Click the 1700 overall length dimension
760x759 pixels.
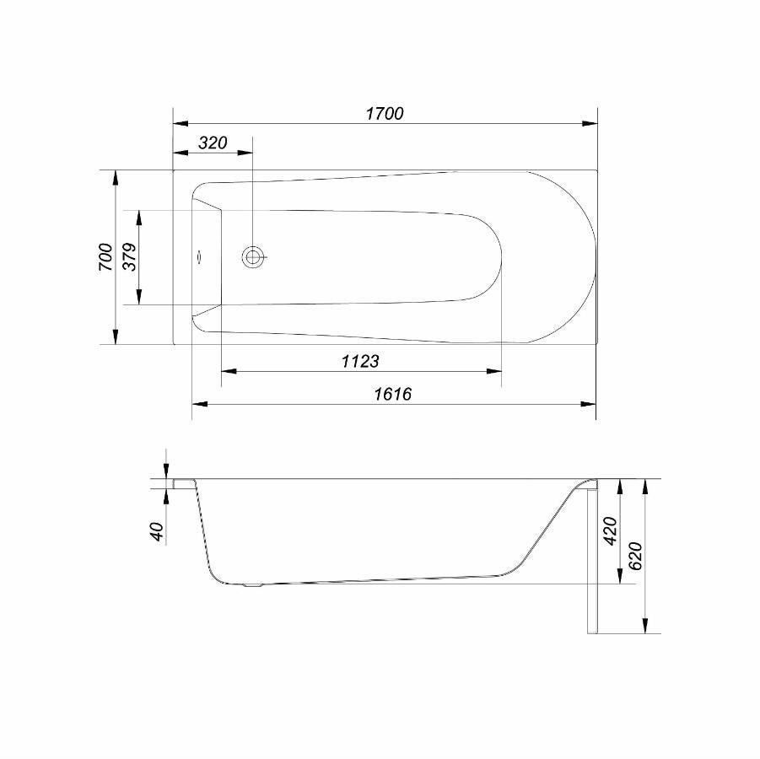(x=385, y=113)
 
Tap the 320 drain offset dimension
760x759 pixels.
(x=213, y=143)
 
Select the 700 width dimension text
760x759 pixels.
(x=105, y=257)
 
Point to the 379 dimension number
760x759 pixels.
(x=129, y=257)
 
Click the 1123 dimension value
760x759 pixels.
(x=360, y=361)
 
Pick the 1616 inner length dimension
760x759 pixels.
(x=392, y=394)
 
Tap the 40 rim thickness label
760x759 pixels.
(x=157, y=531)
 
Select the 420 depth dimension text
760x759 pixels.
(x=610, y=530)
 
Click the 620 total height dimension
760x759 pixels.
(x=635, y=556)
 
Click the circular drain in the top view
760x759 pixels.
(x=252, y=257)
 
